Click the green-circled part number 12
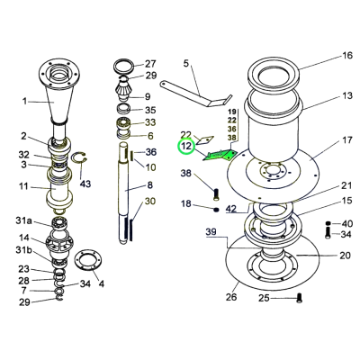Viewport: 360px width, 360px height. pyautogui.click(x=186, y=146)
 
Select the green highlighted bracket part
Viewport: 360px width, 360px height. pyautogui.click(x=220, y=156)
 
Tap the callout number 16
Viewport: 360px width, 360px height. pyautogui.click(x=347, y=56)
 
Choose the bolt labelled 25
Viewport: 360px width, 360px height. pyautogui.click(x=299, y=298)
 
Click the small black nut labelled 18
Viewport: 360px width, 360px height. pyautogui.click(x=216, y=210)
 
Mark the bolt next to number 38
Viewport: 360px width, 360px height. pyautogui.click(x=216, y=194)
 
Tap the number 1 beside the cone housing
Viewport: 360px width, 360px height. pyautogui.click(x=25, y=102)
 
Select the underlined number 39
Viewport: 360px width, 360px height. pyautogui.click(x=211, y=232)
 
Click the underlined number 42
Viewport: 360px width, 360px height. pyautogui.click(x=231, y=208)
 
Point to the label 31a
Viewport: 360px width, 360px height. pyautogui.click(x=23, y=221)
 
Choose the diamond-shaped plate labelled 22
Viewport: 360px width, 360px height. pyautogui.click(x=205, y=139)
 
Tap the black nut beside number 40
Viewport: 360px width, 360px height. pyautogui.click(x=328, y=223)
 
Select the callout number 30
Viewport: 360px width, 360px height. pyautogui.click(x=150, y=201)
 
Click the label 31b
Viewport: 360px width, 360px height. pyautogui.click(x=23, y=250)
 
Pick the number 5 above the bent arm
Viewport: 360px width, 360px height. pyautogui.click(x=186, y=64)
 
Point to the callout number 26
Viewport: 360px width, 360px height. pyautogui.click(x=231, y=297)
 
